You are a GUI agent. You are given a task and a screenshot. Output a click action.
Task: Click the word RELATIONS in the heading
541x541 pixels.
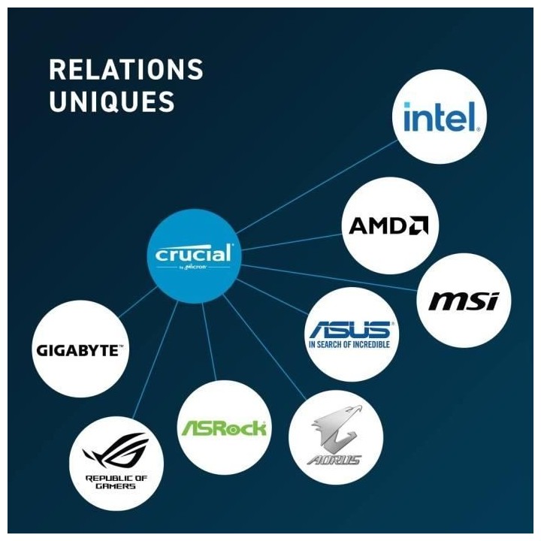point(125,70)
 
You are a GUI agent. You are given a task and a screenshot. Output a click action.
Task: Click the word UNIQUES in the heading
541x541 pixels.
point(112,101)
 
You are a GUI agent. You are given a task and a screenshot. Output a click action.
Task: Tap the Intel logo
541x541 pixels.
point(440,117)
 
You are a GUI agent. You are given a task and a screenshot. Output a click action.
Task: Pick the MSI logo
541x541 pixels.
point(464,301)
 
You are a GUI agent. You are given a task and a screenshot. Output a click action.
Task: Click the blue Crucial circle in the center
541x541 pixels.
point(194,255)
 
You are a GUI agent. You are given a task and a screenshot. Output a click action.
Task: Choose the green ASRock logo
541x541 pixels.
point(223,428)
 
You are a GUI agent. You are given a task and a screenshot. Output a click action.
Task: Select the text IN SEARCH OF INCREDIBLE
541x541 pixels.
point(350,345)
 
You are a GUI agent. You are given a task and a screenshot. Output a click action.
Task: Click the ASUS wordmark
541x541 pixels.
point(352,329)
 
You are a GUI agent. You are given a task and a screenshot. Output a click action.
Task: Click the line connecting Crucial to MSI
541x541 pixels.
point(331,277)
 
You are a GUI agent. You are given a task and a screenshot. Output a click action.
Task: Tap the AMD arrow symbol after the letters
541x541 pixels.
point(419,226)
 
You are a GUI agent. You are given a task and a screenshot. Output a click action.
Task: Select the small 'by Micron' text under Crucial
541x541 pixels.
point(193,267)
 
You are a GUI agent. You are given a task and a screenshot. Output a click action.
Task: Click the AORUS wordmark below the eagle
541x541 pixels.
point(334,458)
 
